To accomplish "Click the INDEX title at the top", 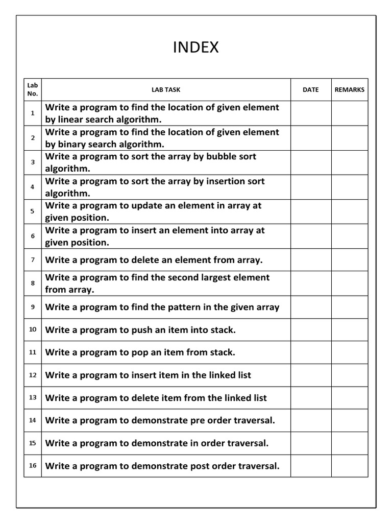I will (196, 47).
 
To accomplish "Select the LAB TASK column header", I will (166, 90).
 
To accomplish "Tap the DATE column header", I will (310, 90).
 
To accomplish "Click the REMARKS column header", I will (350, 90).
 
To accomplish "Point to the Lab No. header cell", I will (33, 89).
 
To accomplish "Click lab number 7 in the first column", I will (33, 260).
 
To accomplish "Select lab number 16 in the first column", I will (33, 466).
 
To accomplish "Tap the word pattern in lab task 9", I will (192, 307).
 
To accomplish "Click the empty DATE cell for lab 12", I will (311, 375).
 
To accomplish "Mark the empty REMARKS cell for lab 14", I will (350, 420).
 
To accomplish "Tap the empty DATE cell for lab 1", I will (311, 113).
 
